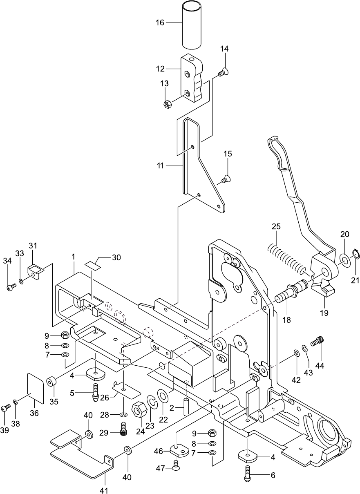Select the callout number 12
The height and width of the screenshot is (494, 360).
point(160,69)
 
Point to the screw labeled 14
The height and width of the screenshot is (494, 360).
point(223,72)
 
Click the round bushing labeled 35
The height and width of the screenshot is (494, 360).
point(51,381)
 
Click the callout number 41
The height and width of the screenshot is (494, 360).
point(104,490)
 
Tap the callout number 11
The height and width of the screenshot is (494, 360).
point(160,165)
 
